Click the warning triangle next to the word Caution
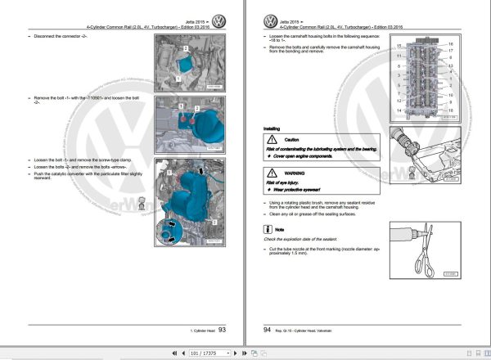point(271,141)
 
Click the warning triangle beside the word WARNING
point(271,173)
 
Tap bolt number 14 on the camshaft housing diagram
point(399,110)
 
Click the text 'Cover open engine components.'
point(306,155)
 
